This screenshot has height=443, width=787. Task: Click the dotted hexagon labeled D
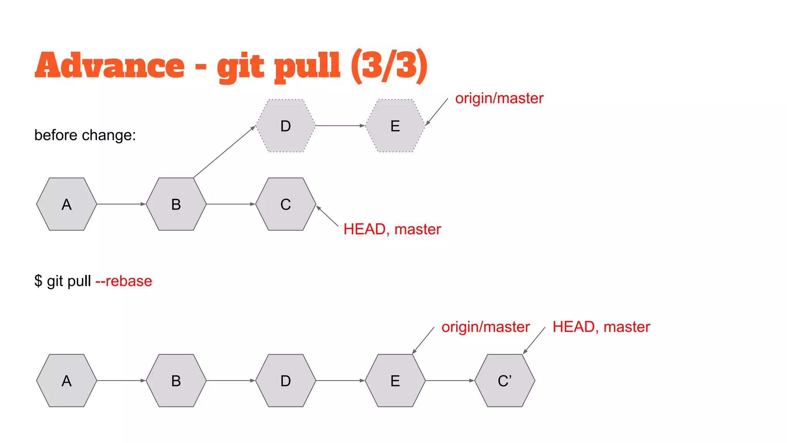(286, 126)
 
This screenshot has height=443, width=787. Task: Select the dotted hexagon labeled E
(395, 126)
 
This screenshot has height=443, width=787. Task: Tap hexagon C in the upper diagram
(286, 204)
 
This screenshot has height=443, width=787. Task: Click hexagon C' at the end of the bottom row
(505, 381)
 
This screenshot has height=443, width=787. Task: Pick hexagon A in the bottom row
(66, 381)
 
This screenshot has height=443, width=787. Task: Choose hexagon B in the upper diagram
(176, 204)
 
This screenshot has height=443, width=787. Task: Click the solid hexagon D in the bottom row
(286, 381)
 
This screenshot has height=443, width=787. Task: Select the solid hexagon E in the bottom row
(395, 381)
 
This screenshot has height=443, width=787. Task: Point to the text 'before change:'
(85, 135)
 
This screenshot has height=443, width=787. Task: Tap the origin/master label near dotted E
(499, 98)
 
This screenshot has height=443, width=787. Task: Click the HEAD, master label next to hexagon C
(392, 229)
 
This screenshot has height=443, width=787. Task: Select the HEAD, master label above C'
(601, 327)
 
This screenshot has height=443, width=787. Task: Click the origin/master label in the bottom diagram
(485, 327)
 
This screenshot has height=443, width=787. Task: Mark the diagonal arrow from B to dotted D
(224, 152)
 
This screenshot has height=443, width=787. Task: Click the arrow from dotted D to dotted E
(340, 126)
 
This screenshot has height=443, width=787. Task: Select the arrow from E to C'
(450, 381)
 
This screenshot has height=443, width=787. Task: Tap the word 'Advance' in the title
(110, 65)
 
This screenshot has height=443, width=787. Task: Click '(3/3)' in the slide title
(389, 65)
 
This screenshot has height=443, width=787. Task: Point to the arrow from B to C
(231, 204)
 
